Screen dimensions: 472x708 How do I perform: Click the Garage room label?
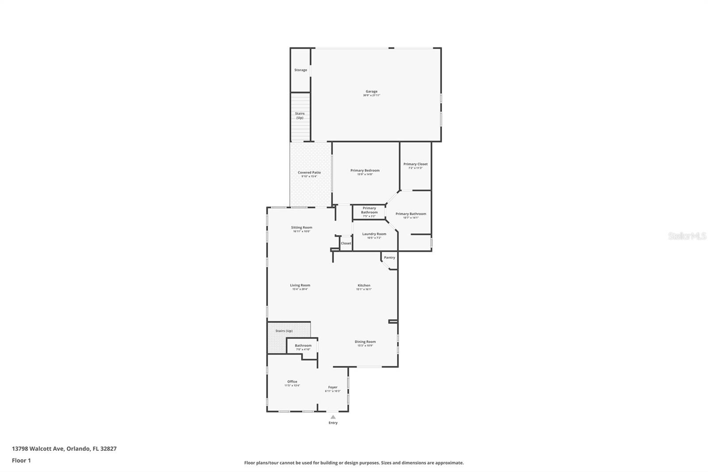[371, 92]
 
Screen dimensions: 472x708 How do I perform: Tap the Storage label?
[300, 70]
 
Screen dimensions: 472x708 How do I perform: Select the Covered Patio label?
[309, 173]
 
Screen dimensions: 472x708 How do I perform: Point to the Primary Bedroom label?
[365, 170]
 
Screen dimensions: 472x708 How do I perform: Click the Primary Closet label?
[415, 164]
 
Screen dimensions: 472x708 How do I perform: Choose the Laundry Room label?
[374, 234]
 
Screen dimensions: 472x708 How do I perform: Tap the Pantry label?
[389, 258]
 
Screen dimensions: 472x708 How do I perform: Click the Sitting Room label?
[301, 228]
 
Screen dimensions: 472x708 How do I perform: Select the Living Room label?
[300, 286]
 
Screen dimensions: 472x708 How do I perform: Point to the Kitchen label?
[364, 286]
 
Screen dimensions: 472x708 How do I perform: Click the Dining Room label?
[365, 342]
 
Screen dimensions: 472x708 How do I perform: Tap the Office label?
[292, 382]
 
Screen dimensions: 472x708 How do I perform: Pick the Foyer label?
[332, 387]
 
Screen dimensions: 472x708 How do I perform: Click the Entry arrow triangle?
[333, 417]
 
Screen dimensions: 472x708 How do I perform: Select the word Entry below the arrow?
[333, 423]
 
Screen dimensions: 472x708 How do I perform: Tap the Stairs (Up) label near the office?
[284, 331]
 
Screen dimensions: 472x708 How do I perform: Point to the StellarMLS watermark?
[687, 236]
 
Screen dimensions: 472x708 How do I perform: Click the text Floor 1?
[21, 460]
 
